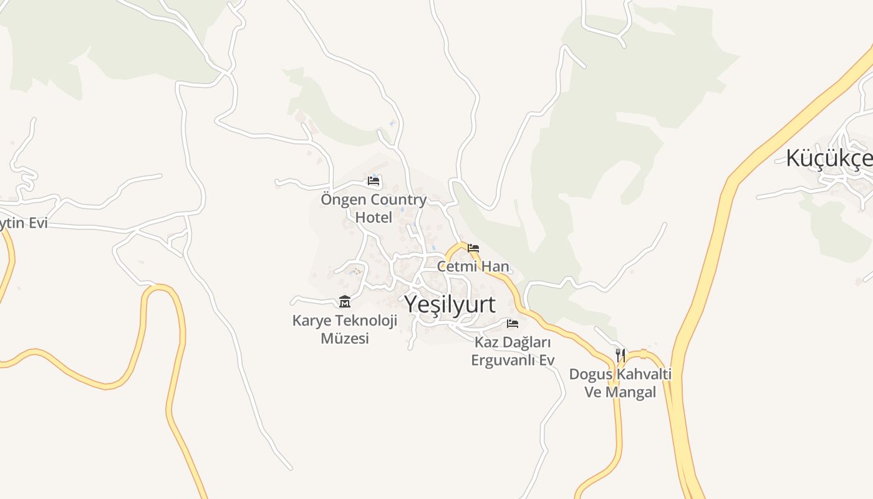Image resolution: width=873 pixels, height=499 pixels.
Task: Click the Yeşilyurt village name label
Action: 450,304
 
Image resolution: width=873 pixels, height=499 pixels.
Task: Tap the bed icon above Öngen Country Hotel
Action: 374,182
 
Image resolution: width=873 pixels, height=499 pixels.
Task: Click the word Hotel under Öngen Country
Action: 374,218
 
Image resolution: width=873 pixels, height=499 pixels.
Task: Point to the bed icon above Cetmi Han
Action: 473,248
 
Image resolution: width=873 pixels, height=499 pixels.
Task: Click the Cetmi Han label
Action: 473,266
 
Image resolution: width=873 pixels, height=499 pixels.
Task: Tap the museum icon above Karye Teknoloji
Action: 344,302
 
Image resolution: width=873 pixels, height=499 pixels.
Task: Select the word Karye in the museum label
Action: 312,321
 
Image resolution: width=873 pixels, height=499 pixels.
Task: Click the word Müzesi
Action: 345,339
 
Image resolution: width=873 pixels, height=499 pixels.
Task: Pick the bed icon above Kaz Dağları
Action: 513,323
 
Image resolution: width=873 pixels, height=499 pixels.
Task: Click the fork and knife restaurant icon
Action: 620,356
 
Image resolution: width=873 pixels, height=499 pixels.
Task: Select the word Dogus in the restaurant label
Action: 591,375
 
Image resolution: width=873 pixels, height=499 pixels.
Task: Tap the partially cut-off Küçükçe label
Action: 829,158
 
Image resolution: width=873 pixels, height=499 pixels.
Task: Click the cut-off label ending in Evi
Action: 24,223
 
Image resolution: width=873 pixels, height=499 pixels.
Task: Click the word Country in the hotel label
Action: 398,200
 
